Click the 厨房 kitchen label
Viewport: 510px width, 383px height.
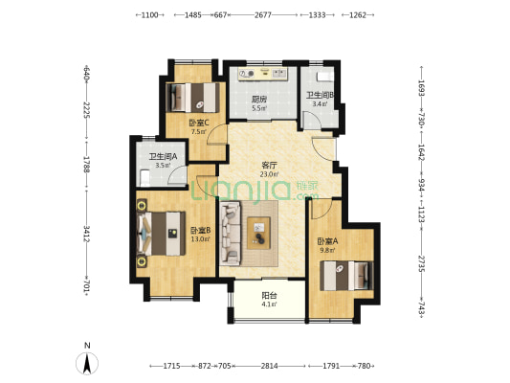click(259, 99)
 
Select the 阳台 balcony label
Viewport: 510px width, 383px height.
click(269, 296)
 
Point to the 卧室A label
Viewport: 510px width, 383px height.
click(327, 241)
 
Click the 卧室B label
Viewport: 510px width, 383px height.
click(200, 231)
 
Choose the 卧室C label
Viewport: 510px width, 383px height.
click(199, 123)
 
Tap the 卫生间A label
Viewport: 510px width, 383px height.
click(163, 157)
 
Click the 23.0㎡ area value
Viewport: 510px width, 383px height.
click(269, 174)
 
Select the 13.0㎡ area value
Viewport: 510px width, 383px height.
click(200, 239)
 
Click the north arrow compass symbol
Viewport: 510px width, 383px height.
click(87, 363)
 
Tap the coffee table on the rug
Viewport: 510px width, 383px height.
click(258, 233)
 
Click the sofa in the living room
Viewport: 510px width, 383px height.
click(231, 233)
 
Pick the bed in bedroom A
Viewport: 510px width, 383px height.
click(346, 276)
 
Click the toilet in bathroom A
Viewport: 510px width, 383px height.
click(144, 178)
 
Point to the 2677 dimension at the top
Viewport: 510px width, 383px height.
click(263, 15)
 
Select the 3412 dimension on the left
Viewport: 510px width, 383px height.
click(86, 234)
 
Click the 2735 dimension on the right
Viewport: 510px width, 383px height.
click(421, 264)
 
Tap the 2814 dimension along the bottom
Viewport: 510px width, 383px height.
click(269, 366)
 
